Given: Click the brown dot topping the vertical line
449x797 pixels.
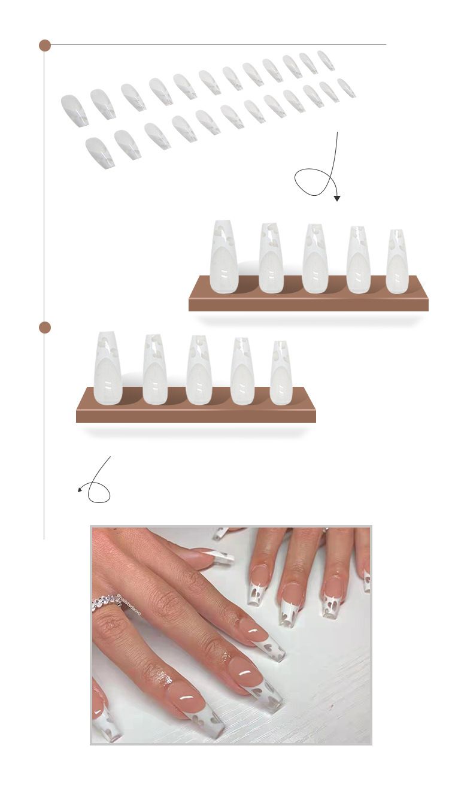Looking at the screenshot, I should click(x=45, y=46).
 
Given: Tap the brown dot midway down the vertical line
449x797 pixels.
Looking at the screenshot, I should click(x=45, y=328).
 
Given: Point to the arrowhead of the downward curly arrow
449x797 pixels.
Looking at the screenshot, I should click(x=337, y=198).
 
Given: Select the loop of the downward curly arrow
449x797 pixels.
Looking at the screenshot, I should click(x=313, y=181).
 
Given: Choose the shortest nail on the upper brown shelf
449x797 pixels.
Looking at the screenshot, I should click(x=397, y=262).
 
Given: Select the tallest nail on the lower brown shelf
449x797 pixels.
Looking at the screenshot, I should click(x=108, y=368).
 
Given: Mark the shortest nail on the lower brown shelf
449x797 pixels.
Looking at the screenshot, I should click(x=281, y=372).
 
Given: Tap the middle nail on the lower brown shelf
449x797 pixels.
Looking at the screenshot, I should click(x=199, y=369).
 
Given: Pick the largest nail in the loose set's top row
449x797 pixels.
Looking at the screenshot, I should click(x=74, y=110).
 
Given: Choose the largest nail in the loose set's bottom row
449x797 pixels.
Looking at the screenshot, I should click(x=99, y=152).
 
